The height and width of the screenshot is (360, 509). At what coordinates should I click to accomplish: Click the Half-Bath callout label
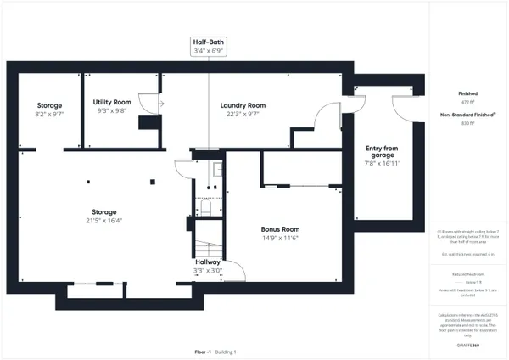(209, 42)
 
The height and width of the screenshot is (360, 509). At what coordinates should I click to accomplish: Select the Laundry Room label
(243, 105)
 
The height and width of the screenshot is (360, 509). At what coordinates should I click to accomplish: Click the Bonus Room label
(280, 229)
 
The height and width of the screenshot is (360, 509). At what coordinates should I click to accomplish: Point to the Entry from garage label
(382, 152)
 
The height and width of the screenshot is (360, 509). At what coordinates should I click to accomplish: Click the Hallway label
(209, 262)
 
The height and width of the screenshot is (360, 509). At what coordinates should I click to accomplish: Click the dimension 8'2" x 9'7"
(49, 113)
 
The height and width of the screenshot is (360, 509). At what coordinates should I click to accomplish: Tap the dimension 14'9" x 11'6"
(280, 239)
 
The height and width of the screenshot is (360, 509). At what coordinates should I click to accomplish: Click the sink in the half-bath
(216, 169)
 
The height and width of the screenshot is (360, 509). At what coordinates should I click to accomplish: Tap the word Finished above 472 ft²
(467, 93)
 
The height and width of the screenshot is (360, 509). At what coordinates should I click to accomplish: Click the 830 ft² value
(467, 123)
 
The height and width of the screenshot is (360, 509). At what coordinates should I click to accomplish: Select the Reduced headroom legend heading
(467, 274)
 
